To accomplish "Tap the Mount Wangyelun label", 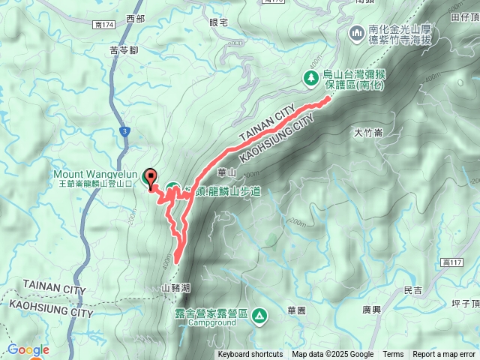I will (94, 172).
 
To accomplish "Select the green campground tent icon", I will (259, 316).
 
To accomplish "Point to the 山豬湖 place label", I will (175, 287).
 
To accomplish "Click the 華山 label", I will (226, 172).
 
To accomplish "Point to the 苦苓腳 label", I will (123, 51).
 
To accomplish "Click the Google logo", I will (28, 349).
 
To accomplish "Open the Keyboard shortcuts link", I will (250, 355).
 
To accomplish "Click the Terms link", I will (393, 355).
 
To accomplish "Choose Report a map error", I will (445, 355).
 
